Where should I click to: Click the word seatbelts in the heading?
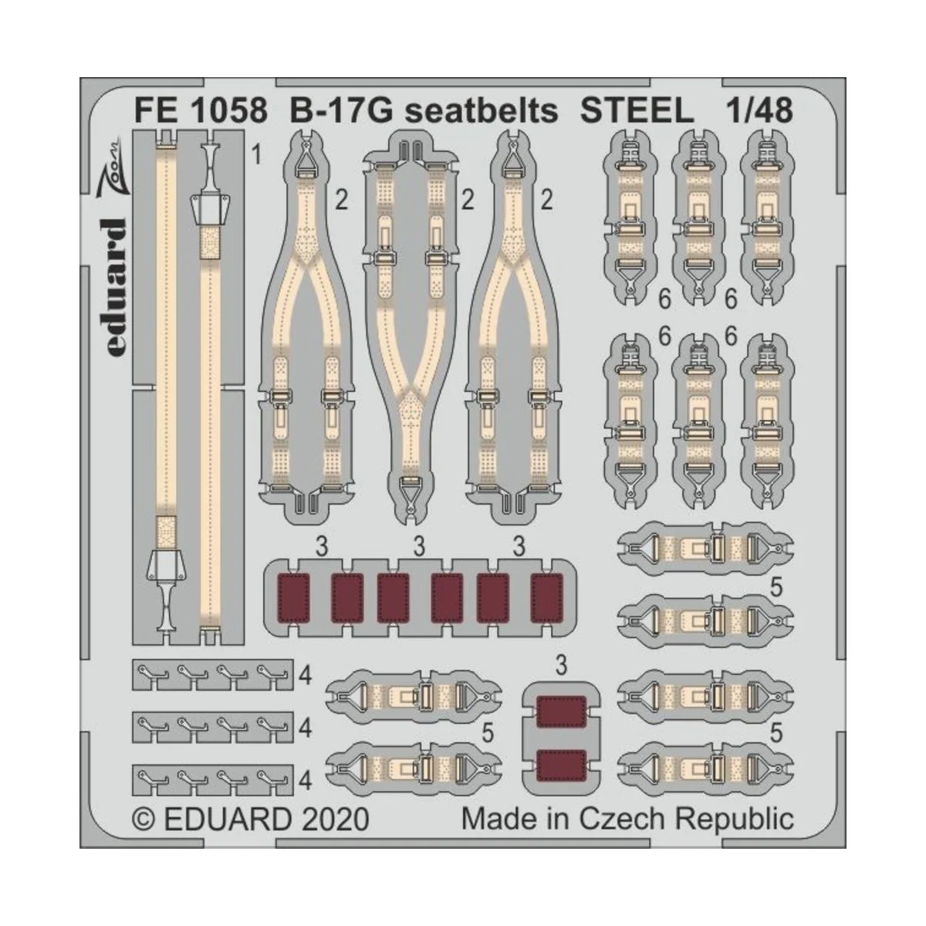(x=482, y=111)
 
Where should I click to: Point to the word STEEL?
(x=637, y=111)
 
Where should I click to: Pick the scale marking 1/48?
(x=759, y=111)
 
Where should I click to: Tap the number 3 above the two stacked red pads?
(x=561, y=665)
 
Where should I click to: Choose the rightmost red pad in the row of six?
(x=547, y=597)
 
